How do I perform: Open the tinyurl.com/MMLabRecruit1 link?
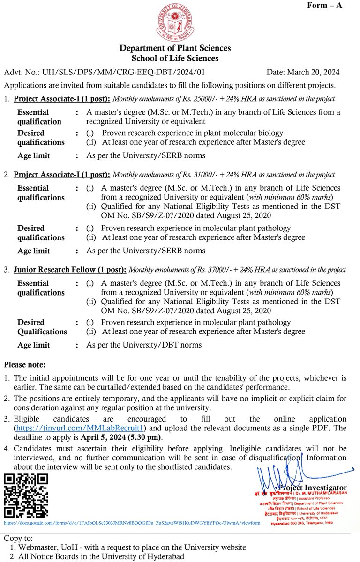80,428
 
